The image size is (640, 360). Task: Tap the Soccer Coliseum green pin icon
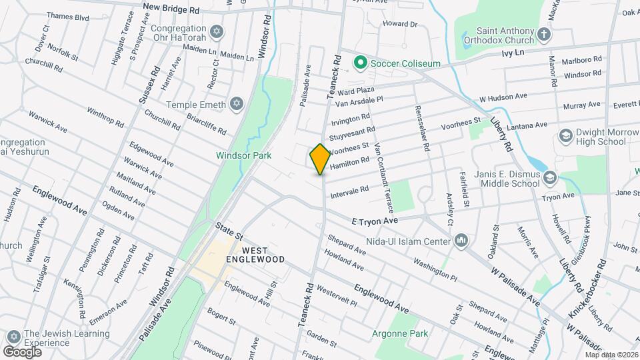(361, 63)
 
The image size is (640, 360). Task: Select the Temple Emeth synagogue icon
(235, 104)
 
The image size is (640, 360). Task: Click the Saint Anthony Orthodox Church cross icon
(544, 33)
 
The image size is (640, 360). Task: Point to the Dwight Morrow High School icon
(566, 136)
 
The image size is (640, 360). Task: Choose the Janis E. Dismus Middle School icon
(549, 178)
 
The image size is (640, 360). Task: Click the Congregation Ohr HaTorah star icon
(215, 32)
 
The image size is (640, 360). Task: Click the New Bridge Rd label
(171, 10)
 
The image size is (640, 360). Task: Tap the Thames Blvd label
(68, 17)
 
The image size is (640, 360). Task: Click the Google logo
(22, 351)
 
